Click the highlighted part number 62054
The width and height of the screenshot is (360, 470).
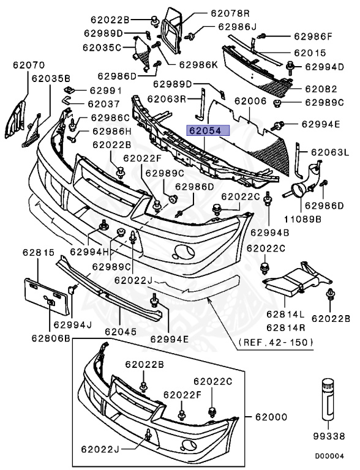[x=208, y=131]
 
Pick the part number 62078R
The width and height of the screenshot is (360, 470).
[x=212, y=12]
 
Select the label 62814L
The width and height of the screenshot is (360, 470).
[x=285, y=314]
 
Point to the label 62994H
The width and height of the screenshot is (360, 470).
[x=89, y=251]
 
